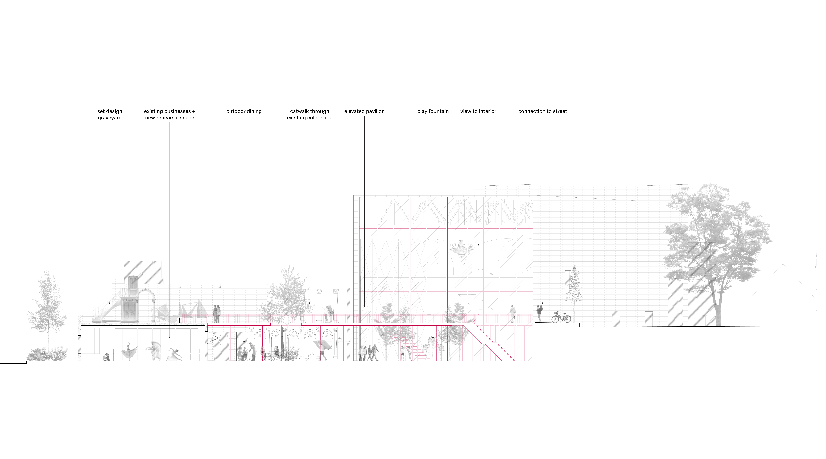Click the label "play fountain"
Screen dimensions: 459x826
coord(433,111)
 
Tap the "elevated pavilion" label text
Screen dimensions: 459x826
coord(364,111)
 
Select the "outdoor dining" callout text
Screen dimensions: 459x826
coord(244,111)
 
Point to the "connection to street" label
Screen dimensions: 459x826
coord(543,111)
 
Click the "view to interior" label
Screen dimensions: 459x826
coord(478,111)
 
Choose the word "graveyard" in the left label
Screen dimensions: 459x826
coord(110,118)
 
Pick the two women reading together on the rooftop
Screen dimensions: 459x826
coord(217,313)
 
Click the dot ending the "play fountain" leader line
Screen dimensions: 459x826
coord(433,338)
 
